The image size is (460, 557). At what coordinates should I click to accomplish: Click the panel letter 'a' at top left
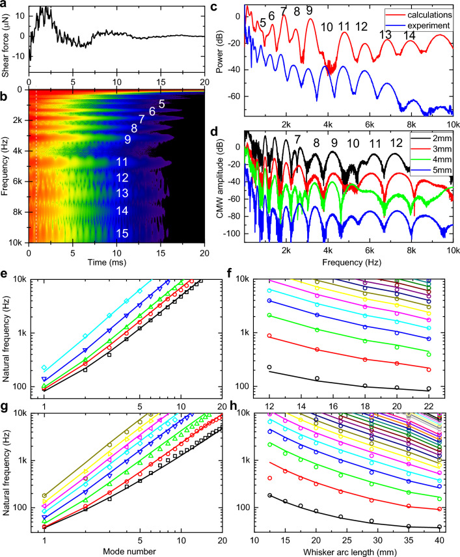click(x=5, y=5)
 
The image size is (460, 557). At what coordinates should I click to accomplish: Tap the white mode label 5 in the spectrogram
click(x=161, y=103)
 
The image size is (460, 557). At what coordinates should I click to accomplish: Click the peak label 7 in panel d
click(x=297, y=139)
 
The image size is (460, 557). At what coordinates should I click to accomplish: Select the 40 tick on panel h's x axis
click(x=440, y=540)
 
